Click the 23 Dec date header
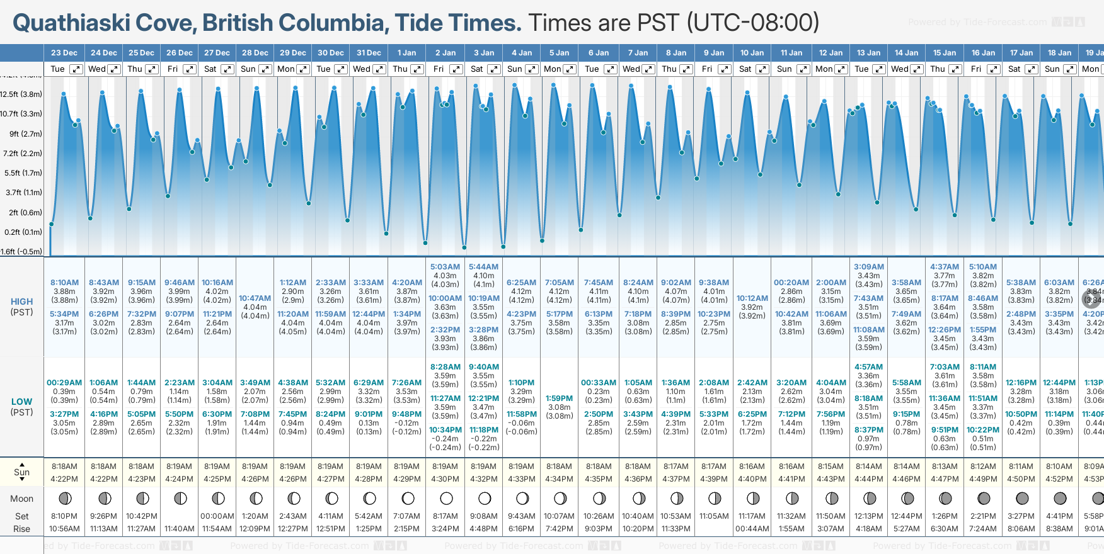[x=64, y=53]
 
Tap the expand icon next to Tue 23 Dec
[x=76, y=69]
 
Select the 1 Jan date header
[x=406, y=53]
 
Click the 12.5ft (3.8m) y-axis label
[x=21, y=94]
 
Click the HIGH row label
[x=21, y=302]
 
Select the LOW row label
[x=21, y=402]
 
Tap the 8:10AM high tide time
[x=64, y=283]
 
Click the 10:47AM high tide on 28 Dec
[x=255, y=298]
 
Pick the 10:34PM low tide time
[x=446, y=430]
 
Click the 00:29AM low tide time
[x=64, y=383]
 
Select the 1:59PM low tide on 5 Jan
[x=560, y=399]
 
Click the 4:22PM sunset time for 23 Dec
[x=64, y=479]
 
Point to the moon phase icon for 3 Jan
[x=484, y=499]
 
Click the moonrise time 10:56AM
[x=64, y=529]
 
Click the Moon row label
[x=21, y=499]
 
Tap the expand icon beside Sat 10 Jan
[x=762, y=69]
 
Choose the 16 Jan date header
[x=983, y=53]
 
